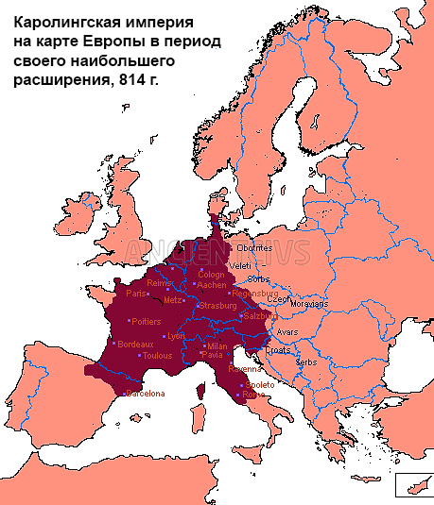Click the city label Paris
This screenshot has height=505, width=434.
(x=139, y=293)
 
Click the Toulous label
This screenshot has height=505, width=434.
(x=157, y=356)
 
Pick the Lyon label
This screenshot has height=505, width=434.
(x=176, y=336)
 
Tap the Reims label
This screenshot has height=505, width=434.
(x=160, y=282)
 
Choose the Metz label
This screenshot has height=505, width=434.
(x=172, y=300)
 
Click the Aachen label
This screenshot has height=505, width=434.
(x=212, y=284)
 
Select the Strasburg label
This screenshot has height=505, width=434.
(x=217, y=306)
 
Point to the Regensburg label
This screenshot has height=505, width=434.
(x=254, y=294)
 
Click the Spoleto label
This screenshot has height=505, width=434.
(x=261, y=385)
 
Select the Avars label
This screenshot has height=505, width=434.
(x=287, y=332)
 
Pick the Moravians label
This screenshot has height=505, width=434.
(x=310, y=305)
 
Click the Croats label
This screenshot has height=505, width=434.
(x=277, y=350)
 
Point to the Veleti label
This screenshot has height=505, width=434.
(x=240, y=266)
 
